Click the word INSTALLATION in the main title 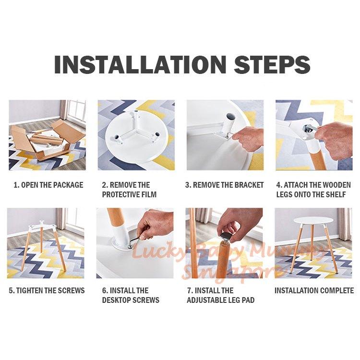[x=140, y=64]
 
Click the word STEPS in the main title [x=272, y=64]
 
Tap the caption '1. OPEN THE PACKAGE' [x=48, y=185]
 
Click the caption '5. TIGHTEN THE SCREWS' [x=47, y=290]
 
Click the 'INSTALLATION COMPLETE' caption [x=314, y=290]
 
